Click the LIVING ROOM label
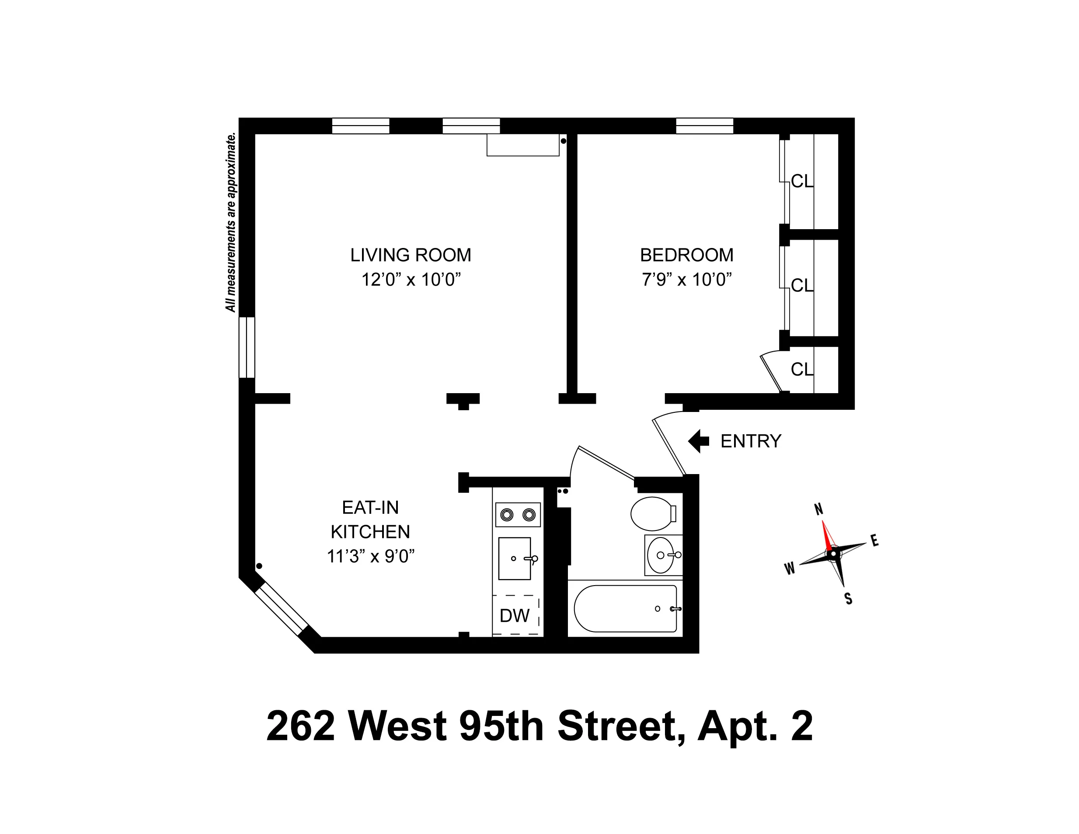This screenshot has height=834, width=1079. point(411,255)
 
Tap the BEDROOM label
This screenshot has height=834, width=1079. point(687,255)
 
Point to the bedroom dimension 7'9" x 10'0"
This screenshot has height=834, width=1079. point(687,279)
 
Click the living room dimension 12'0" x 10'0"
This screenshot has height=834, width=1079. point(411,279)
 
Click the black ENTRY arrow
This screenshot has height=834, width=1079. point(698,441)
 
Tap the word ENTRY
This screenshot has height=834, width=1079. point(751,441)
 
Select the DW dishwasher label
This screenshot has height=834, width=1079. point(514,616)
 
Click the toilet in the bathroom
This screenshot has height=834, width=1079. point(652,513)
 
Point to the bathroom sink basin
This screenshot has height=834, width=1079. point(661,555)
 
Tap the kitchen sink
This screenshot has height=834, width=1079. point(514,558)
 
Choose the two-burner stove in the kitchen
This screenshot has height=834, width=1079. point(518,515)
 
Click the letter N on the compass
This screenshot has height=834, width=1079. point(818,509)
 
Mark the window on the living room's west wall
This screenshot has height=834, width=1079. point(247,347)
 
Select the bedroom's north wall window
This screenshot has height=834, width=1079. point(704,126)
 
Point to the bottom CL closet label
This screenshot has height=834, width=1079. point(802,369)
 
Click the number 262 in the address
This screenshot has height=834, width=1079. point(300,726)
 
